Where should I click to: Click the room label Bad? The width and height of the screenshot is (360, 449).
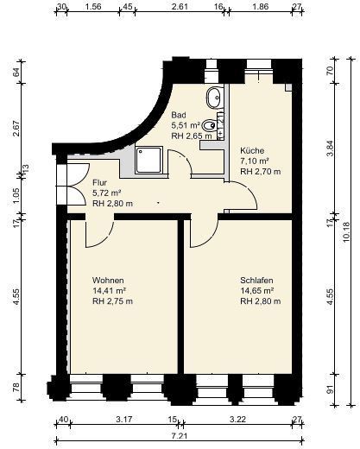179,115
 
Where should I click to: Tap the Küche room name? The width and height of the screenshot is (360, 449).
252,150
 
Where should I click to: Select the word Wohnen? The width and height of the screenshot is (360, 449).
108,281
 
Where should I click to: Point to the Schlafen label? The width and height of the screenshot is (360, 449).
256,281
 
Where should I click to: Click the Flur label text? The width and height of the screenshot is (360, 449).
99,183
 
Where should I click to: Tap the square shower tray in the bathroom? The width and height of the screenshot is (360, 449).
148,160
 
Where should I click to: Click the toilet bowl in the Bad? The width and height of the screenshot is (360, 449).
209,125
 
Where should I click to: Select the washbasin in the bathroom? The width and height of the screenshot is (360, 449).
215,98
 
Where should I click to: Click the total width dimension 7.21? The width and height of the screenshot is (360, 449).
179,436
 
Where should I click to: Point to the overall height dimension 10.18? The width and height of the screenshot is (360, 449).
346,231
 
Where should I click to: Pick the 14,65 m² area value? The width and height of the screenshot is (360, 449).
256,291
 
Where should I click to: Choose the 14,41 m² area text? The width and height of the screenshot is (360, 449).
109,291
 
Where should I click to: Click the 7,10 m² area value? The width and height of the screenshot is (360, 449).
255,161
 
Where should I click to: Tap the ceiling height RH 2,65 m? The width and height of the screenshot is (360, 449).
192,136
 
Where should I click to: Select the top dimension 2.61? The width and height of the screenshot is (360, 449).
180,6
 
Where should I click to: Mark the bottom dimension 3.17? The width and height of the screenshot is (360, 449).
124,419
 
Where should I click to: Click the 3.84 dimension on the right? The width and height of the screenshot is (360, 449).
331,148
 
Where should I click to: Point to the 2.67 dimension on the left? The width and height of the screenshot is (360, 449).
16,129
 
